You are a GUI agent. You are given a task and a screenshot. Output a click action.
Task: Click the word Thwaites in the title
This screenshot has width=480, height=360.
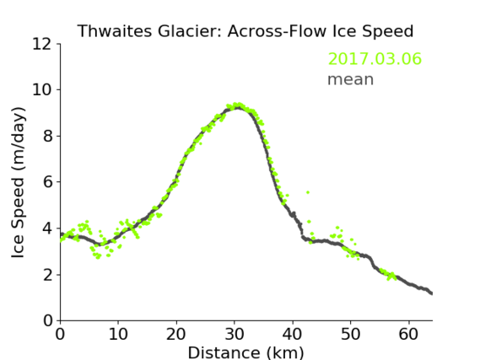pos(115,31)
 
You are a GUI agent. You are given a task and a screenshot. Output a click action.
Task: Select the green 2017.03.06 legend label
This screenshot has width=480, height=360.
pos(375,59)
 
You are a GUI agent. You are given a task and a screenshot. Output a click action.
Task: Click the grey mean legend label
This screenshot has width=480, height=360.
pos(351,79)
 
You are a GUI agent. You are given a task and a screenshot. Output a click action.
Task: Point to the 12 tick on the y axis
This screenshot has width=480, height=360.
pos(42,44)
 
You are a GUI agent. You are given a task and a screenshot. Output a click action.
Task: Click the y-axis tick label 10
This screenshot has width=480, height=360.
pos(42,90)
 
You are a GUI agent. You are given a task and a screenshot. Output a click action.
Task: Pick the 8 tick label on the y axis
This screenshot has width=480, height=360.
pos(48,136)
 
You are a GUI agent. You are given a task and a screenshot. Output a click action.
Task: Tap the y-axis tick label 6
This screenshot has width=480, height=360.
pos(48,182)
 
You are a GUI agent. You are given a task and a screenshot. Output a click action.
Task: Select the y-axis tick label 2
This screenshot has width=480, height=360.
pos(48,275)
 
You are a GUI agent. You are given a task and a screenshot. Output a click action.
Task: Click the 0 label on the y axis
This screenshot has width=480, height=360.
pos(48,321)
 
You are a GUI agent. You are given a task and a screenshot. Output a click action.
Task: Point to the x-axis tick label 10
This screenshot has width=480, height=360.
pos(118,334)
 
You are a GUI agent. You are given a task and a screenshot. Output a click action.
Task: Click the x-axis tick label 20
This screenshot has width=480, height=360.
pos(176,334)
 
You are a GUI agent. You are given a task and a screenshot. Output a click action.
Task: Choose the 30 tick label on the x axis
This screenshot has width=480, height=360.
pos(235,334)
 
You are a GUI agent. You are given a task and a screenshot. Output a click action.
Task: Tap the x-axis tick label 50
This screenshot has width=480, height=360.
pos(351,334)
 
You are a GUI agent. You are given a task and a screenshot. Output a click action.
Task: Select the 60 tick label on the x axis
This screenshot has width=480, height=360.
pos(408,334)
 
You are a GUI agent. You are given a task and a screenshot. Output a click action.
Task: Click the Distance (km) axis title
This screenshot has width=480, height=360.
pos(245,352)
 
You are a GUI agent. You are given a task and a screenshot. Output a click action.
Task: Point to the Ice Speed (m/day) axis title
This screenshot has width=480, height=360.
pos(18,182)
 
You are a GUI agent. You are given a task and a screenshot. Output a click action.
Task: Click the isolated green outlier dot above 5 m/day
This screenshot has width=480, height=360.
pos(308,192)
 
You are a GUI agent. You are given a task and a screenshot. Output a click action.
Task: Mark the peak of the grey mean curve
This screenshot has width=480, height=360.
pos(237,108)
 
